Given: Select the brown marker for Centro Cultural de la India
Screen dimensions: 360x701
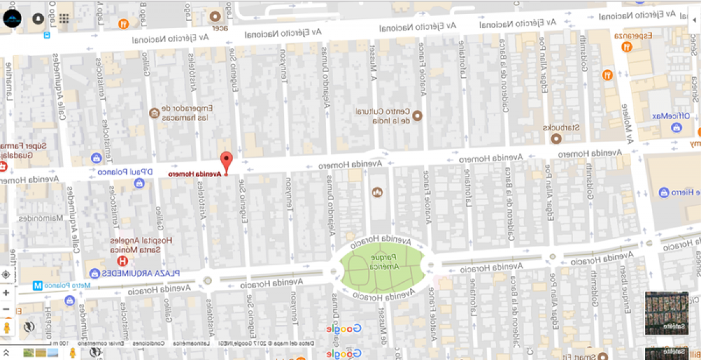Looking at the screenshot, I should tap(417, 116).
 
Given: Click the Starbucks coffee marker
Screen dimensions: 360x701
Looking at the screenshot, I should tap(556, 139).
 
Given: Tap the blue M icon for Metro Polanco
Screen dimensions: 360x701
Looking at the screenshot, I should tap(37, 286).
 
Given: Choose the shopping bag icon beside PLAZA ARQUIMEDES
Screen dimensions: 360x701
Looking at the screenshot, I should tap(95, 273).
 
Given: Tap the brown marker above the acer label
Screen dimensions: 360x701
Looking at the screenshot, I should tap(216, 16).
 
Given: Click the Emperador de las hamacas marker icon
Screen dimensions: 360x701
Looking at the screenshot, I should tap(154, 112).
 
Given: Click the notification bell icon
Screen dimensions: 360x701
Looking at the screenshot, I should tap(38, 19).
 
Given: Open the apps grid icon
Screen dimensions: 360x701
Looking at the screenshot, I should tap(64, 19).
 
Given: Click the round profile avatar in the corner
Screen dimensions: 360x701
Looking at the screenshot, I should tap(12, 19).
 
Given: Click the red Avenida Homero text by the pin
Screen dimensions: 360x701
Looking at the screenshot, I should tap(195, 174).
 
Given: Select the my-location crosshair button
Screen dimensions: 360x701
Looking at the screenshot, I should tap(6, 274).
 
